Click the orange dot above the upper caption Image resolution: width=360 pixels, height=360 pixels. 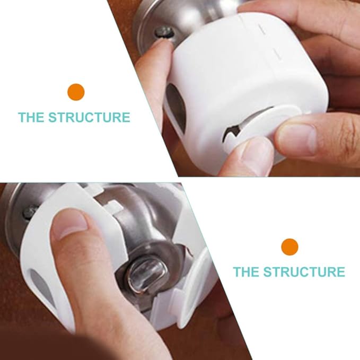click(x=76, y=92)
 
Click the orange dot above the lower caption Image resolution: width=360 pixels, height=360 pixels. click(x=289, y=247)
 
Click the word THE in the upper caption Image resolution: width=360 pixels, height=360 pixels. click(x=31, y=117)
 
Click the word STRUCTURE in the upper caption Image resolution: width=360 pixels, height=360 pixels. click(x=89, y=117)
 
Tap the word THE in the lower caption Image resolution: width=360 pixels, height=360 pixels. click(x=247, y=272)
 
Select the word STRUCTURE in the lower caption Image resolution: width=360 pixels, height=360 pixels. click(x=304, y=272)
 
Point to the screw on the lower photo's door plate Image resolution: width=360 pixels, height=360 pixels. click(x=28, y=213)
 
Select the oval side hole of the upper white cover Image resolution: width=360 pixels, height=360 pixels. click(x=175, y=106)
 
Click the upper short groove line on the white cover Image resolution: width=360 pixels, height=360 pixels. click(x=262, y=30)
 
